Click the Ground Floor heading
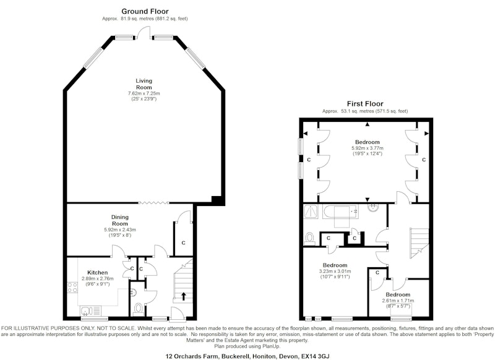click(x=145, y=11)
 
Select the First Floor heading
click(x=365, y=104)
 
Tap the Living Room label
click(x=144, y=84)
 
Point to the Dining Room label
click(x=119, y=220)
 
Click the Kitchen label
click(x=98, y=273)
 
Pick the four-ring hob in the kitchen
click(x=72, y=288)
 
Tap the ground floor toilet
click(x=138, y=308)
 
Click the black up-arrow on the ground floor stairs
click(x=183, y=296)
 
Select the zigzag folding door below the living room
click(x=153, y=203)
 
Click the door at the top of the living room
click(x=144, y=33)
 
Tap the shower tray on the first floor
click(x=312, y=212)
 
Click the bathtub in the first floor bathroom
click(x=341, y=212)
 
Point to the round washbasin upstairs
click(x=374, y=207)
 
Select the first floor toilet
click(x=310, y=239)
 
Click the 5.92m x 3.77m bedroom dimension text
click(x=368, y=148)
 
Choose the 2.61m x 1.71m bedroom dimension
click(x=398, y=301)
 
